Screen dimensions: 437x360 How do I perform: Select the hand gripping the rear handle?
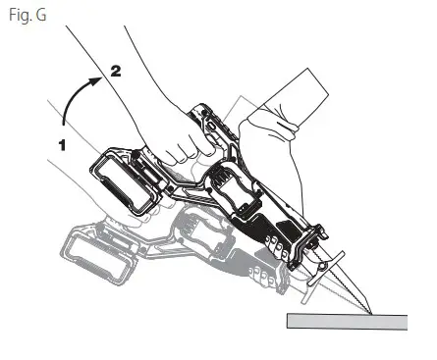[x=182, y=132]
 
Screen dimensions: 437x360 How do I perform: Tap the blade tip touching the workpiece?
[x=365, y=311]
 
